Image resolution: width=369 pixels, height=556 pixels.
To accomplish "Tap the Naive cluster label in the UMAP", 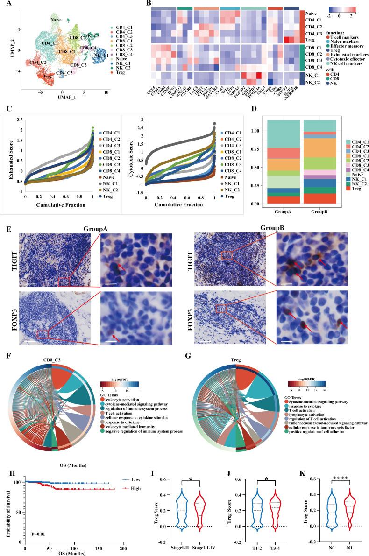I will tap(57, 20).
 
